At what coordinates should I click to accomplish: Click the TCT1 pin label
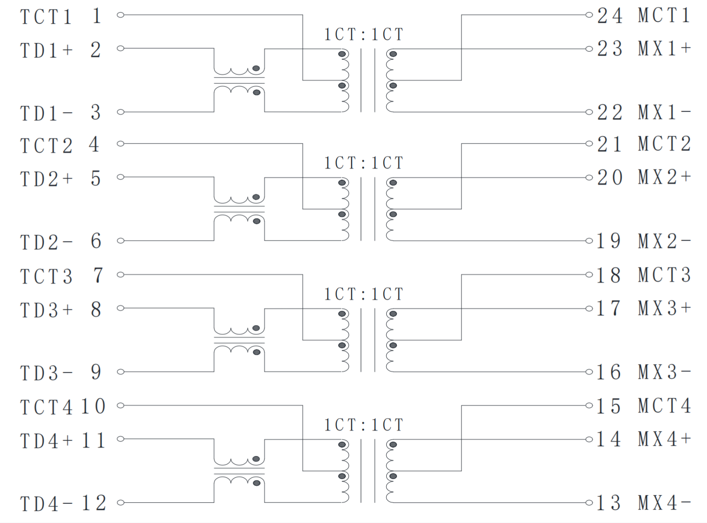pos(46,17)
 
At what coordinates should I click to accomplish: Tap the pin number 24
pos(609,16)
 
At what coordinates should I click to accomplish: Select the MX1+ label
pos(664,49)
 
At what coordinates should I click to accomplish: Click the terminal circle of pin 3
pos(120,112)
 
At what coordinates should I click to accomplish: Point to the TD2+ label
pos(46,179)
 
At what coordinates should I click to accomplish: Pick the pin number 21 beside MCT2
pos(609,144)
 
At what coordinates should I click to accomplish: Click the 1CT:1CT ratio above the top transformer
pos(364,35)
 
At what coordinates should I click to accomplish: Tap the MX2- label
pos(664,241)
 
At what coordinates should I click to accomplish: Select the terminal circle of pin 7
pos(120,274)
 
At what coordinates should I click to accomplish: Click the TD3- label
pos(46,373)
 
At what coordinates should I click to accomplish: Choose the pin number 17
pos(609,308)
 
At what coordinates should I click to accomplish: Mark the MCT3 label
pos(664,275)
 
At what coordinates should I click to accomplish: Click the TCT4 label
pos(46,407)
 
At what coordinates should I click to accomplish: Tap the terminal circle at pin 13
pos(589,502)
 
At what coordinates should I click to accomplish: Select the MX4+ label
pos(664,439)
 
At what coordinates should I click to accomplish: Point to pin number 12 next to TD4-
pos(94,503)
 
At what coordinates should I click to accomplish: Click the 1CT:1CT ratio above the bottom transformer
pos(364,425)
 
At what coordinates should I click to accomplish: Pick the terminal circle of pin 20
pos(589,177)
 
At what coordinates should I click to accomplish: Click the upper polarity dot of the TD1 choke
pos(256,68)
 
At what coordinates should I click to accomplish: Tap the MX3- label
pos(664,372)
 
